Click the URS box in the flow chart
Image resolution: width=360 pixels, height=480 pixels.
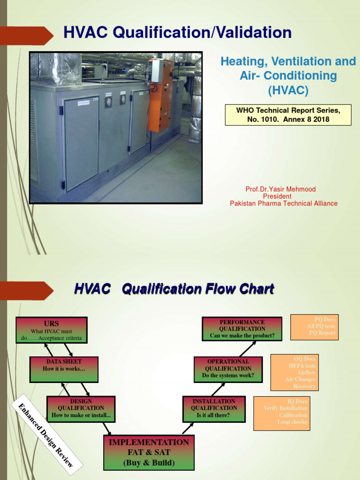pyautogui.click(x=51, y=330)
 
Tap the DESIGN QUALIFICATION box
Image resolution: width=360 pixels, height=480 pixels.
pyautogui.click(x=81, y=409)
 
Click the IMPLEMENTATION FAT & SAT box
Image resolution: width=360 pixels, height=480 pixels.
pyautogui.click(x=149, y=452)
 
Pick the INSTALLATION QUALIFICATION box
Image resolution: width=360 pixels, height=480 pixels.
pyautogui.click(x=214, y=408)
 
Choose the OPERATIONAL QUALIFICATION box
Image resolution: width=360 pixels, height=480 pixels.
pyautogui.click(x=228, y=369)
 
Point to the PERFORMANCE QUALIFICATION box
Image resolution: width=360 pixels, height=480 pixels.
pyautogui.click(x=242, y=329)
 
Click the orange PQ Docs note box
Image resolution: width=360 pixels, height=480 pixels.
pyautogui.click(x=314, y=327)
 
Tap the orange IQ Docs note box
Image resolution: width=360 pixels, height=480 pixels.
pyautogui.click(x=282, y=413)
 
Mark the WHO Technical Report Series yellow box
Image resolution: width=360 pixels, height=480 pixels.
pyautogui.click(x=288, y=115)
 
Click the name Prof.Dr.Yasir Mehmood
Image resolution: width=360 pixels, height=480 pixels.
pyautogui.click(x=281, y=189)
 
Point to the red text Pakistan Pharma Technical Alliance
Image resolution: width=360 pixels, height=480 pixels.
pyautogui.click(x=284, y=203)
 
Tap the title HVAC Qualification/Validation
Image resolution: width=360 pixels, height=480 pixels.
pyautogui.click(x=177, y=33)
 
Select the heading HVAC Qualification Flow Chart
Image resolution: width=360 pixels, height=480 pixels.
pyautogui.click(x=174, y=289)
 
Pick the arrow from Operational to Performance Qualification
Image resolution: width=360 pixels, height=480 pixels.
pyautogui.click(x=248, y=348)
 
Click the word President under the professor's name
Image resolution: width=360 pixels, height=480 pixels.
pyautogui.click(x=277, y=196)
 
